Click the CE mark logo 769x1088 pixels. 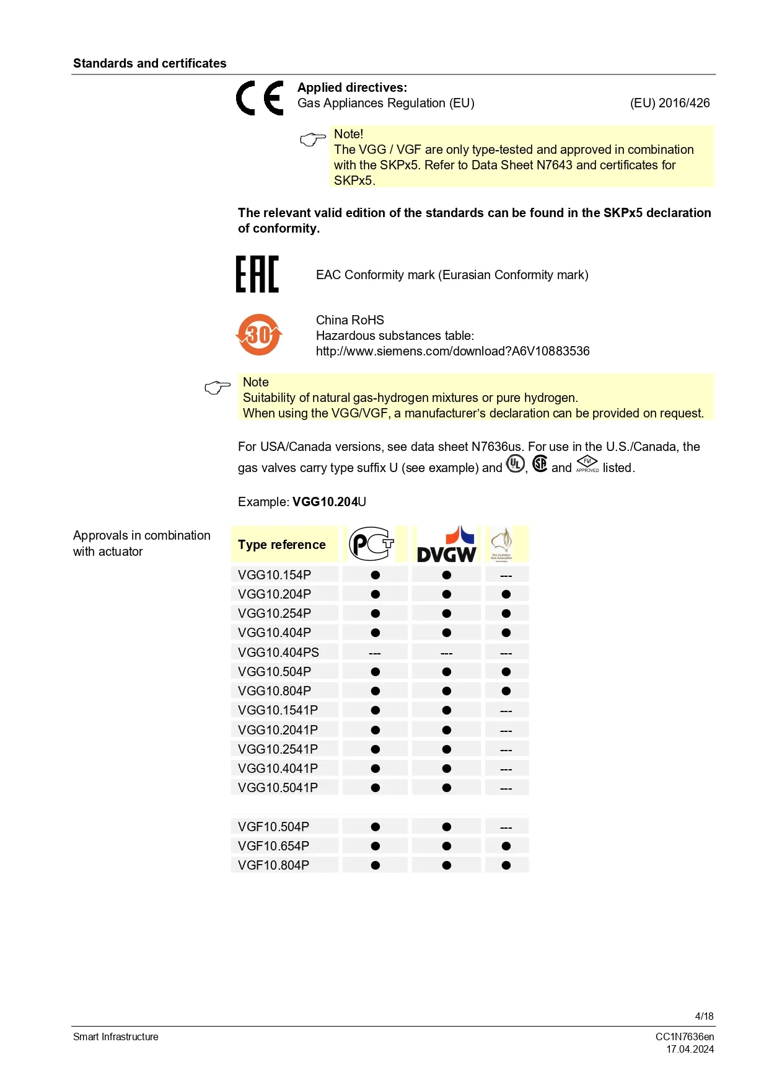(260, 98)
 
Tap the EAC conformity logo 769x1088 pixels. (257, 274)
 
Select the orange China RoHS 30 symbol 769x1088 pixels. (259, 335)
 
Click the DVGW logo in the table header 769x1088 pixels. (446, 545)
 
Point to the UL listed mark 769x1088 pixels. (516, 464)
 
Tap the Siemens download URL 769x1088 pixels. (452, 351)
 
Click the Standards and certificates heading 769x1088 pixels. (149, 63)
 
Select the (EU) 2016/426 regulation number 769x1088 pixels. (670, 103)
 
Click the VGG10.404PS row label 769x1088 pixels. (278, 653)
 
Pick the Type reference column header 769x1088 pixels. (281, 545)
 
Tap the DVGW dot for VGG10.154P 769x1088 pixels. (446, 575)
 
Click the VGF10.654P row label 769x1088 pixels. (273, 846)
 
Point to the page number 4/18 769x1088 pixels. (704, 1016)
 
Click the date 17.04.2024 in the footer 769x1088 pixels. (690, 1049)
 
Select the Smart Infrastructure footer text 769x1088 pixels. (116, 1037)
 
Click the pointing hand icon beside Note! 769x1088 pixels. (312, 140)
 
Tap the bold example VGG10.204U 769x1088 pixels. (329, 502)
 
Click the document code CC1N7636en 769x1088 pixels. (685, 1037)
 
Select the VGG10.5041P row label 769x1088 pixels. (278, 788)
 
